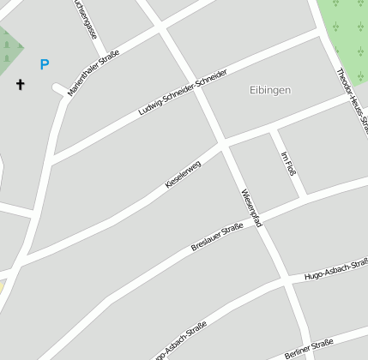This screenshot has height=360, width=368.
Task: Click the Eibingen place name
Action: coord(270,90)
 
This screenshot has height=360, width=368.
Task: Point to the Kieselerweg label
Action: coord(183,175)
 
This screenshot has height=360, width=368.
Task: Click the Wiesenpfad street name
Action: coord(250,207)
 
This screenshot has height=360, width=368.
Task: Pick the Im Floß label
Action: coord(289,163)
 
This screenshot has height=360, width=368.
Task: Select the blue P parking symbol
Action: coord(45,64)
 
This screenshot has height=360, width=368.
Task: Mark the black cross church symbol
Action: coord(20,84)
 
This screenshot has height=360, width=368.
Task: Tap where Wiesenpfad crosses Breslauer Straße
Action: coord(261,218)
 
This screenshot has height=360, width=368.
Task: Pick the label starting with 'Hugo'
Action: coord(335,272)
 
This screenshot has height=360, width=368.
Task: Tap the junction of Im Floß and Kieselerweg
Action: coord(272,129)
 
